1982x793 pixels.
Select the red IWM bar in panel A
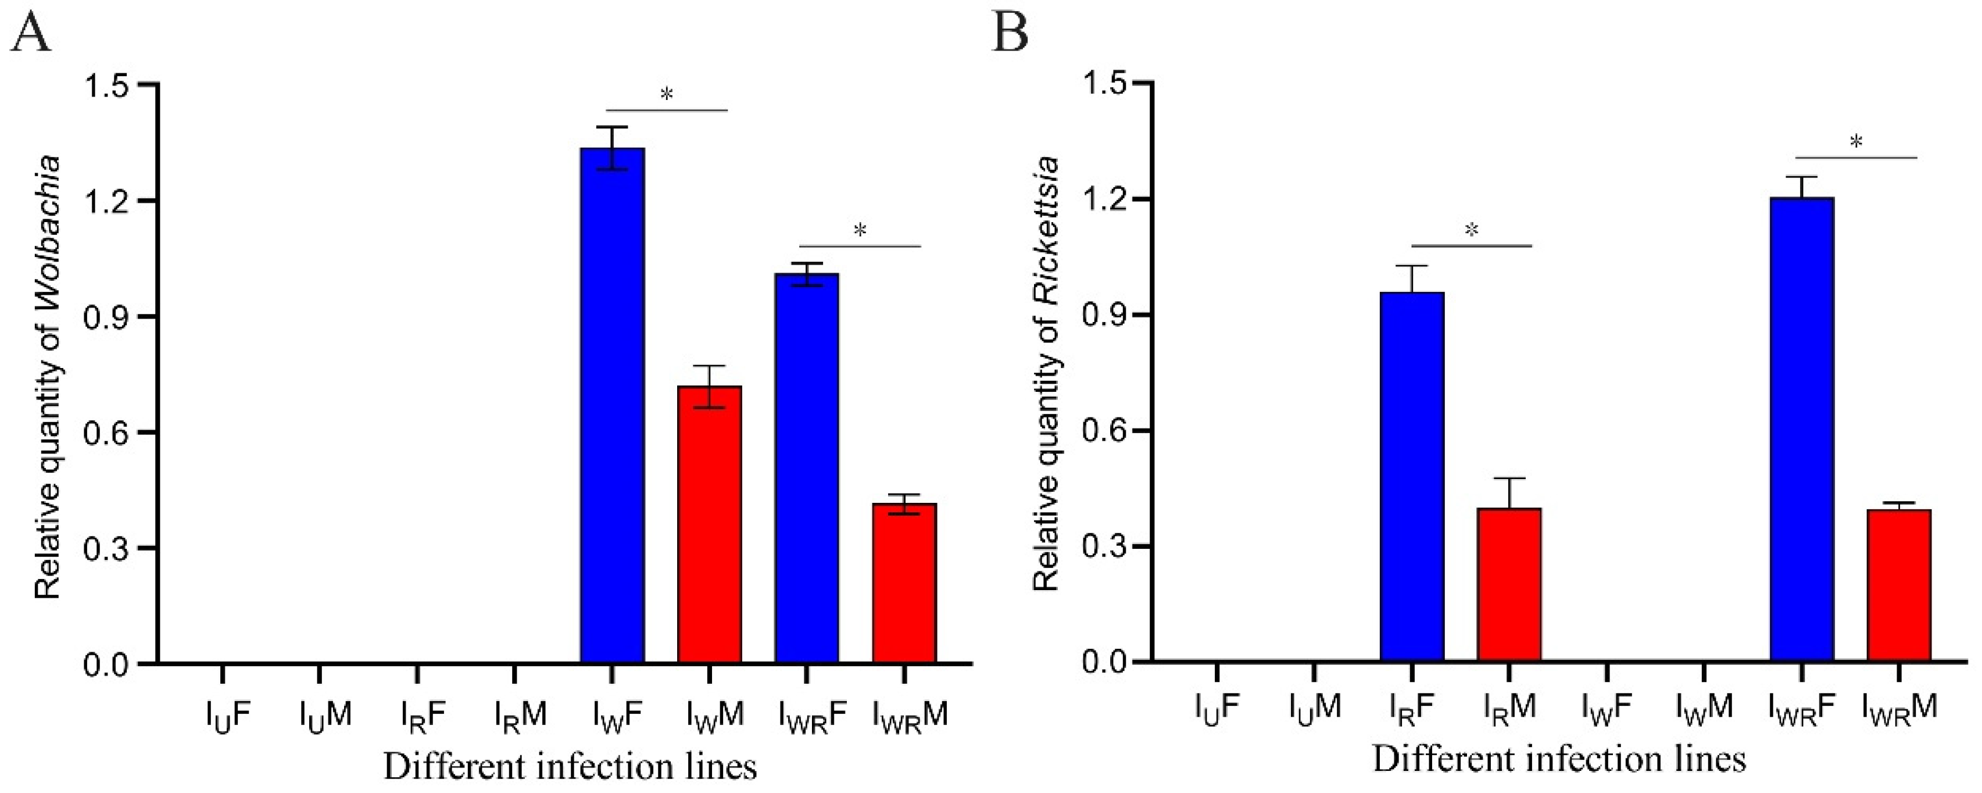tap(710, 524)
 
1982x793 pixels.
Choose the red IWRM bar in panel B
tap(1899, 584)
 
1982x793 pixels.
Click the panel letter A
tap(31, 33)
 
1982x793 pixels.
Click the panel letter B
tap(1010, 33)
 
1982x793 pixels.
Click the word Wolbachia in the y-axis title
tap(48, 223)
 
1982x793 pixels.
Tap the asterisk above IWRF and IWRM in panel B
tap(1856, 142)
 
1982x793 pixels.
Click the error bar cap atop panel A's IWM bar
tap(710, 366)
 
